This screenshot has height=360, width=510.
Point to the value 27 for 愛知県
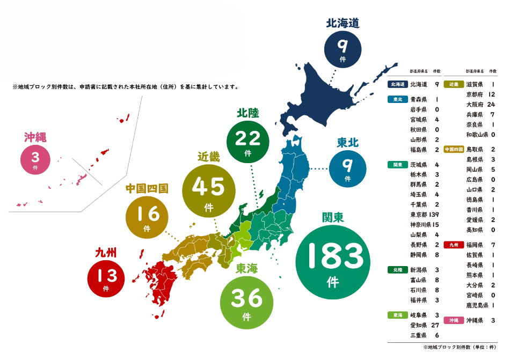tap(436, 325)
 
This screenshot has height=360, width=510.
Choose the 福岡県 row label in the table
tap(475, 245)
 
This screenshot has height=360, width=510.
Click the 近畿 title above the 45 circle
tap(209, 157)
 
